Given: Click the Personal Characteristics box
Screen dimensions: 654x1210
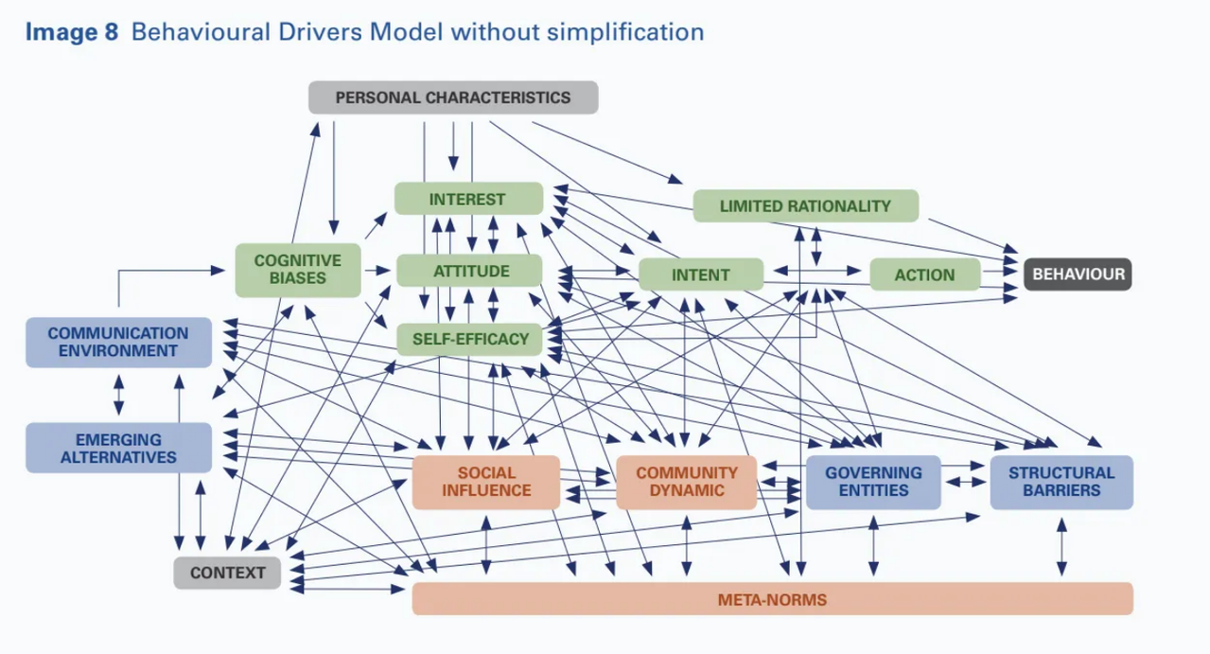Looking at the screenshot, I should [x=453, y=97].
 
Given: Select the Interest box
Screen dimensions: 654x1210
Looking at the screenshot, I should [x=467, y=199].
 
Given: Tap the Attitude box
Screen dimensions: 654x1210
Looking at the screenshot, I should [x=470, y=271].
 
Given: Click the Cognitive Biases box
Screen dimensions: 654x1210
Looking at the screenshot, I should [x=298, y=269].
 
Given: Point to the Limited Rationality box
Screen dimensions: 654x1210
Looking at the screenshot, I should [x=805, y=205].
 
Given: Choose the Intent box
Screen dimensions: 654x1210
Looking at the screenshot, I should [x=700, y=274].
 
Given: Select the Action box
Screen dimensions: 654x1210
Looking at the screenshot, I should [x=924, y=274].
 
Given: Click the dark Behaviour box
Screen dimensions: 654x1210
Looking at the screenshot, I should [x=1078, y=274].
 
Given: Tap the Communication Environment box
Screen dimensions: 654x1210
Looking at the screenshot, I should [x=118, y=342].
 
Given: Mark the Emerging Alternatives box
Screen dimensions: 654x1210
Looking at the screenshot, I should [x=118, y=448].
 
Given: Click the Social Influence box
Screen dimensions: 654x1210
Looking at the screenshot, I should [x=486, y=481].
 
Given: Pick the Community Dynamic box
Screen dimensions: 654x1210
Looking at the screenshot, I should [x=686, y=481].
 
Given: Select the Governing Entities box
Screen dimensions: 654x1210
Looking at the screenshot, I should [x=873, y=481].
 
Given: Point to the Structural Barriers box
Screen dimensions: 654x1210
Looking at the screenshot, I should [x=1061, y=481].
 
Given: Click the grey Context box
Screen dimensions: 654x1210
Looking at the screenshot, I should [x=227, y=573].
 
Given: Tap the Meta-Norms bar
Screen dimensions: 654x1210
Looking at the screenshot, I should [x=772, y=599].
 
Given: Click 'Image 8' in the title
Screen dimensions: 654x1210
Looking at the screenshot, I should [x=72, y=32].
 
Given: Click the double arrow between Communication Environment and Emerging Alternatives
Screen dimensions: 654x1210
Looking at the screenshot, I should [x=119, y=395].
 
